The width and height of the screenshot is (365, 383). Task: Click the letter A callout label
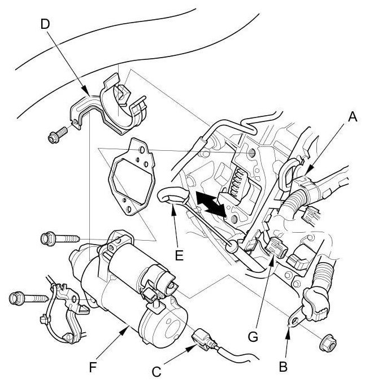click(x=353, y=117)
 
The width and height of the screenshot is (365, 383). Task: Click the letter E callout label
click(x=179, y=255)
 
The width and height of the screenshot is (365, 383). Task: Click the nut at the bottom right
click(x=326, y=341)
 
